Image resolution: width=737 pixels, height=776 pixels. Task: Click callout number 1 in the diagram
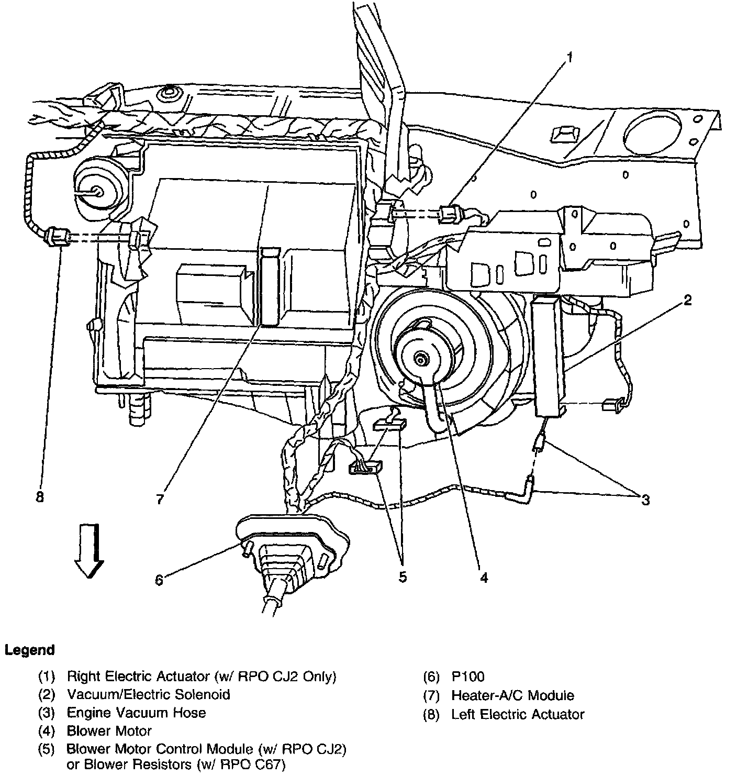(x=570, y=57)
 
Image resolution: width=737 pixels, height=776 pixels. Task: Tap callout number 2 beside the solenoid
(x=687, y=300)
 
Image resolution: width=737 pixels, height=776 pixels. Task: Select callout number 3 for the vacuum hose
(x=645, y=500)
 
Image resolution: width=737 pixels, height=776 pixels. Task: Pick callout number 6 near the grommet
(x=159, y=579)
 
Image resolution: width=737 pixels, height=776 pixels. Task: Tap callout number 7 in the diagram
(x=160, y=498)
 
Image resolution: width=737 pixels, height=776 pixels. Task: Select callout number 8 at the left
(x=40, y=496)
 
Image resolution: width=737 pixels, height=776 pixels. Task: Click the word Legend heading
(x=30, y=650)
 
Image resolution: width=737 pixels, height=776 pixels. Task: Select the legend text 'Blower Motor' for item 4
(x=109, y=730)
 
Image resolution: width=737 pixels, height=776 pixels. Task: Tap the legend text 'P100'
(x=468, y=677)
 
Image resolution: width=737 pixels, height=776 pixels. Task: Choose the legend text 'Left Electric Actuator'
(x=518, y=714)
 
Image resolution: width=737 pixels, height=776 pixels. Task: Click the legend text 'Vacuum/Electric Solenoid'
(x=149, y=694)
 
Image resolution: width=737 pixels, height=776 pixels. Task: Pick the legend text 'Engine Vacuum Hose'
(x=136, y=713)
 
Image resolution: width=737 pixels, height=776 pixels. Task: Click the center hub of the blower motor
(x=421, y=359)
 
